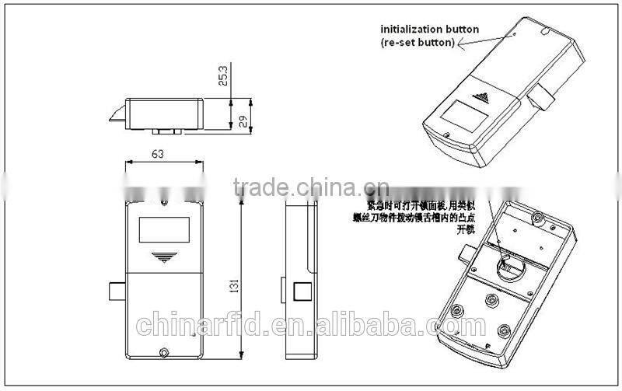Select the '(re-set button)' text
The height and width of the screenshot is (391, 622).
pos(418,43)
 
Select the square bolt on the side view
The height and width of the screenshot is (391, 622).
pos(300,294)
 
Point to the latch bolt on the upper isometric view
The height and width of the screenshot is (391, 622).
pos(539,99)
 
